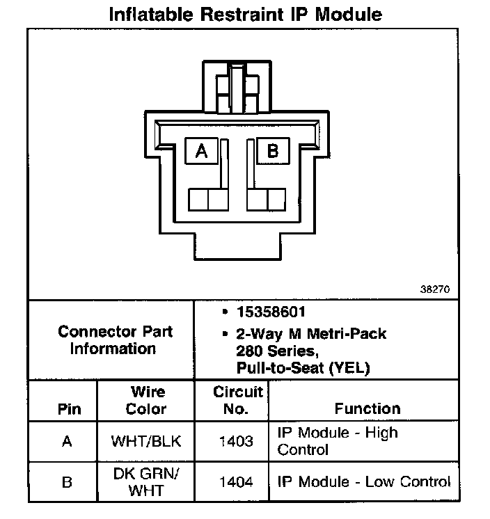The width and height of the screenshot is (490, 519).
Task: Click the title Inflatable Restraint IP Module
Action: [246, 14]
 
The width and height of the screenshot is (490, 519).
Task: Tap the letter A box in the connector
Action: [202, 150]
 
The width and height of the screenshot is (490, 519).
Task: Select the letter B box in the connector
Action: [273, 150]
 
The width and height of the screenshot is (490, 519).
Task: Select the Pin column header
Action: [67, 409]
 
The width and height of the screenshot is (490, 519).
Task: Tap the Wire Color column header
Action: [145, 401]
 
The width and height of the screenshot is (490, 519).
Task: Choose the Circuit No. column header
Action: [238, 401]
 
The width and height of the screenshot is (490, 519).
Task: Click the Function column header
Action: [367, 408]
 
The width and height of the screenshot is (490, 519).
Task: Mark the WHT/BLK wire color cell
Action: [145, 441]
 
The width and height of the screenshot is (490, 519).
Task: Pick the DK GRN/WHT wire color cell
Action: [145, 481]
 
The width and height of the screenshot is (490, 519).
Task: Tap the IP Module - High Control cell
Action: [338, 440]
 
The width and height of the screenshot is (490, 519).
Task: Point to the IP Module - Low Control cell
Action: [364, 481]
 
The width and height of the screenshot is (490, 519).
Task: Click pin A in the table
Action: [67, 441]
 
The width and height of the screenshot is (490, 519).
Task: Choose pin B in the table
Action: [67, 481]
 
